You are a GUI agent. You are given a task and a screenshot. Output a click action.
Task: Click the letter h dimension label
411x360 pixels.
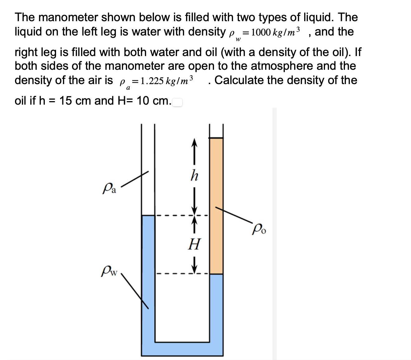click(194, 176)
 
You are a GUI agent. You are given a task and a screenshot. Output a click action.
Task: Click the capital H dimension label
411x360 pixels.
click(195, 244)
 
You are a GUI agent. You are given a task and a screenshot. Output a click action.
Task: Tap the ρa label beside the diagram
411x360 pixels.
click(109, 189)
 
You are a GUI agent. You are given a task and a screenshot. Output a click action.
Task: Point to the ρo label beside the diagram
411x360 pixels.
click(260, 231)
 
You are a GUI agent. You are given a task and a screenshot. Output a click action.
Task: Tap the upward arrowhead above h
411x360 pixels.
click(194, 144)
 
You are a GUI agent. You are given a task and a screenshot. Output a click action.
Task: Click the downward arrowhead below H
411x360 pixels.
click(195, 269)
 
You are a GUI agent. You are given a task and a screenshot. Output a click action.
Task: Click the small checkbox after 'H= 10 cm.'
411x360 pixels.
click(178, 102)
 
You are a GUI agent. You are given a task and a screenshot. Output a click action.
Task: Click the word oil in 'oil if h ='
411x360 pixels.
click(20, 101)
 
